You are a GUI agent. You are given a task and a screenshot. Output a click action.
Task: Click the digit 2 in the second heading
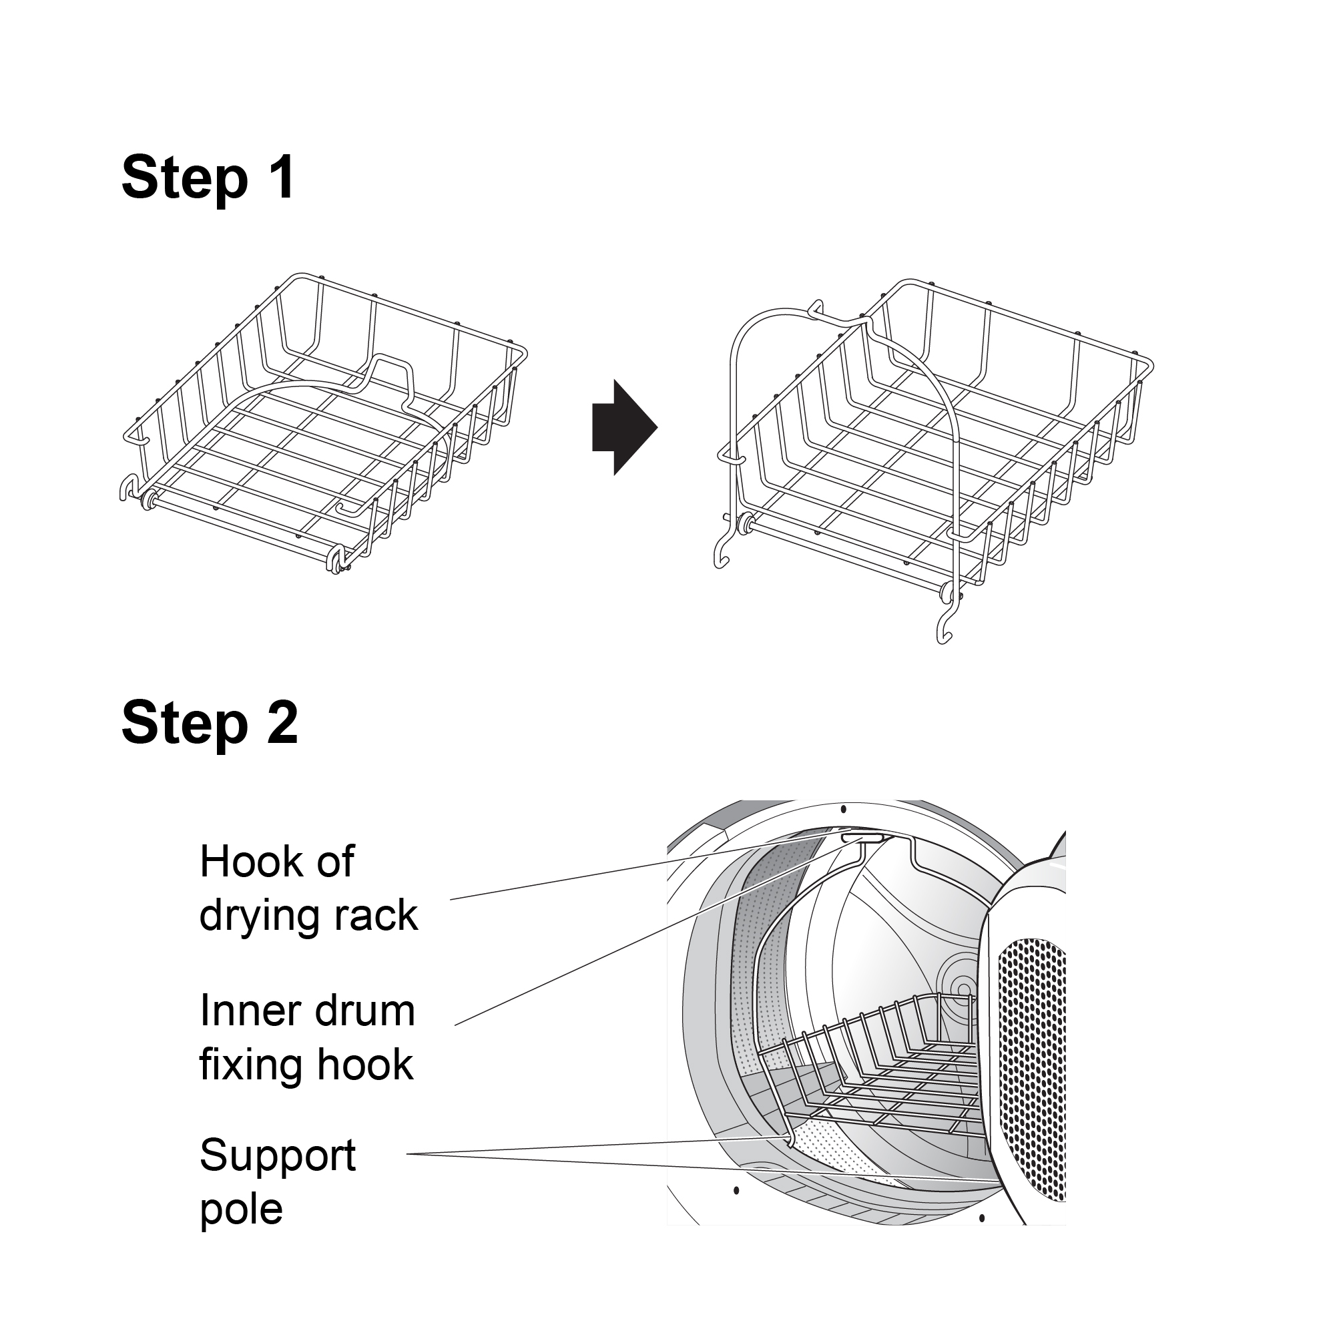(281, 723)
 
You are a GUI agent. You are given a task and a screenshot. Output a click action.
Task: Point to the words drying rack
(308, 916)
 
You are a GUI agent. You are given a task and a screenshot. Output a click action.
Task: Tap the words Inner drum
(307, 1011)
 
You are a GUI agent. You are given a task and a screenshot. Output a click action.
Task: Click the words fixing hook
(306, 1065)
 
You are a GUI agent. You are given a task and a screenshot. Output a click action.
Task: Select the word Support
(277, 1155)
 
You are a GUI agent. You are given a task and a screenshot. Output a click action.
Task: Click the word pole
(241, 1209)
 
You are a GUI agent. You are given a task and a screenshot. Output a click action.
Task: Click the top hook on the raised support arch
(817, 308)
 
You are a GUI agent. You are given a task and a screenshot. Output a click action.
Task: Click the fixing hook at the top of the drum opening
(862, 838)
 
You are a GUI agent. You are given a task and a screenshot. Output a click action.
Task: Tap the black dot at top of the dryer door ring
(843, 809)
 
